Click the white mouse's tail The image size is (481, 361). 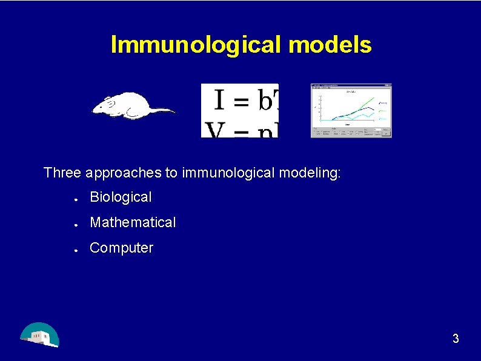point(160,110)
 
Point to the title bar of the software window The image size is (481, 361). point(351,86)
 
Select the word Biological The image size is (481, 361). point(121,197)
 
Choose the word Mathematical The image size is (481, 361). point(133,222)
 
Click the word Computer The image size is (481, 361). point(121,248)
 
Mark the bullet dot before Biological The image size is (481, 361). point(75,198)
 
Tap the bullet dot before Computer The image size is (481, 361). point(75,249)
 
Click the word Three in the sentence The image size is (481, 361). point(62,173)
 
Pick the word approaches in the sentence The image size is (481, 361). point(123,173)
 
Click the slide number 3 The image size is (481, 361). point(456,339)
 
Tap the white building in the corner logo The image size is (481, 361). point(41,337)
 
